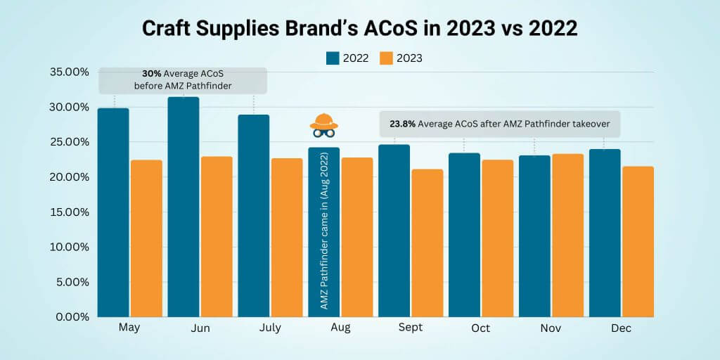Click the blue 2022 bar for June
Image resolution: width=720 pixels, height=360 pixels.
[184, 207]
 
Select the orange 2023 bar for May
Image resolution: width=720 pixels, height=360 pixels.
[146, 238]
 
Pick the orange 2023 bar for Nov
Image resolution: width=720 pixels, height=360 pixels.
[567, 235]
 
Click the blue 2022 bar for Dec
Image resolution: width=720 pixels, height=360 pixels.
[605, 233]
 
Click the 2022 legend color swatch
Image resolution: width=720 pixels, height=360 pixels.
[333, 58]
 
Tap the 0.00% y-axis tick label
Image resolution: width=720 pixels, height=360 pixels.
[72, 317]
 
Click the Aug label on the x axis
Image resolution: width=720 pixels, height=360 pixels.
[340, 328]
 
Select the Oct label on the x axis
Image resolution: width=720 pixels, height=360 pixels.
[480, 328]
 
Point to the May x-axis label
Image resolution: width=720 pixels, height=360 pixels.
[129, 328]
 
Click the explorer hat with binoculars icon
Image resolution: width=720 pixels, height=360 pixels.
[323, 124]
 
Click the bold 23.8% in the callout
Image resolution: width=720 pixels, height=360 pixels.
[401, 126]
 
